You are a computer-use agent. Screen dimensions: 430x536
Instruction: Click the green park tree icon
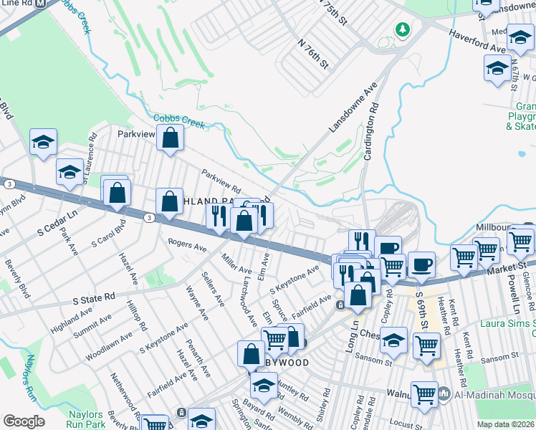point(403,29)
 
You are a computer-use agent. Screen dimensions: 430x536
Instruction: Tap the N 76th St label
point(312,54)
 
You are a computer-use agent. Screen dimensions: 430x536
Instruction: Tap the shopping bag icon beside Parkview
point(170,140)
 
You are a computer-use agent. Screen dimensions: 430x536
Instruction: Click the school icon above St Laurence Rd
point(43,143)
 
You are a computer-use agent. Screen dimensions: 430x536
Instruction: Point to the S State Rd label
point(94,296)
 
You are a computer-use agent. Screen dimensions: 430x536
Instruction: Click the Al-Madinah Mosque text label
point(494,393)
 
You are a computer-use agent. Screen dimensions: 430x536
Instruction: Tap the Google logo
point(24,421)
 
